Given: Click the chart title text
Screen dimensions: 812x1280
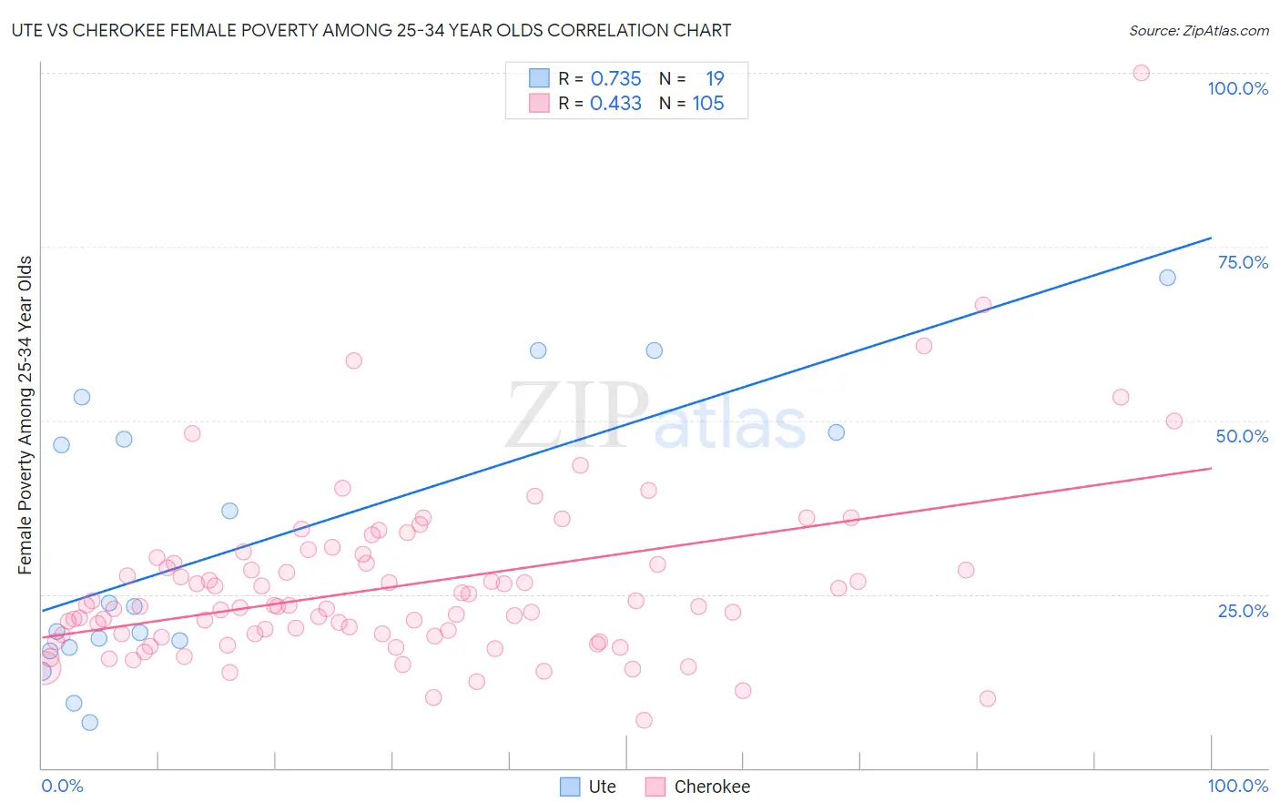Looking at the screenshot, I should click(x=371, y=31).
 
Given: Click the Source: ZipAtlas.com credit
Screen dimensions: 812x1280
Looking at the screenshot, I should click(x=1198, y=31).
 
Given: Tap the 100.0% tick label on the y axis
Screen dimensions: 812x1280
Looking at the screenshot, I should click(x=1237, y=88).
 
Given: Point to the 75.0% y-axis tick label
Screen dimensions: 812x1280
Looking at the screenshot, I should click(x=1243, y=262).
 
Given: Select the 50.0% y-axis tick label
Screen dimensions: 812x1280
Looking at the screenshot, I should click(x=1242, y=436).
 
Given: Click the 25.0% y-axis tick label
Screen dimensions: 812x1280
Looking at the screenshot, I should click(x=1243, y=611).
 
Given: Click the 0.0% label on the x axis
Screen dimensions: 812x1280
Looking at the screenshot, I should click(x=62, y=786).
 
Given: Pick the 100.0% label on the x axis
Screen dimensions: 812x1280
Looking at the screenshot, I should click(x=1237, y=786).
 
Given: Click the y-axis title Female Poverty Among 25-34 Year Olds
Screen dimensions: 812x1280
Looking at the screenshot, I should click(x=25, y=415).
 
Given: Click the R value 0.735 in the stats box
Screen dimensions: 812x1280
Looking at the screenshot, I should click(x=615, y=79).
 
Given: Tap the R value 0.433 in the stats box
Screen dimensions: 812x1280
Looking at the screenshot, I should click(x=615, y=104).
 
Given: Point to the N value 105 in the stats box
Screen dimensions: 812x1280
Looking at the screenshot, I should click(x=707, y=104).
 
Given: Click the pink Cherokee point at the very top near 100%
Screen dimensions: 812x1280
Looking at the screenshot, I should click(x=1141, y=73).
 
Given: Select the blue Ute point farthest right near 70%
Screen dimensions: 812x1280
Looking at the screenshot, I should click(x=1167, y=278).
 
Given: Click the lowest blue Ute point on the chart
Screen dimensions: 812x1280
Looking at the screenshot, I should click(x=89, y=723).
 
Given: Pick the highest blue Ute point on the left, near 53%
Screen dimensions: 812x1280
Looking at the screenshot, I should click(x=82, y=397).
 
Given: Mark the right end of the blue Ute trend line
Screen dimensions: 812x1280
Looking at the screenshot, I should click(x=1211, y=238).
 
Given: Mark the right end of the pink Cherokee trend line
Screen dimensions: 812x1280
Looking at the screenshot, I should click(x=1211, y=468).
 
